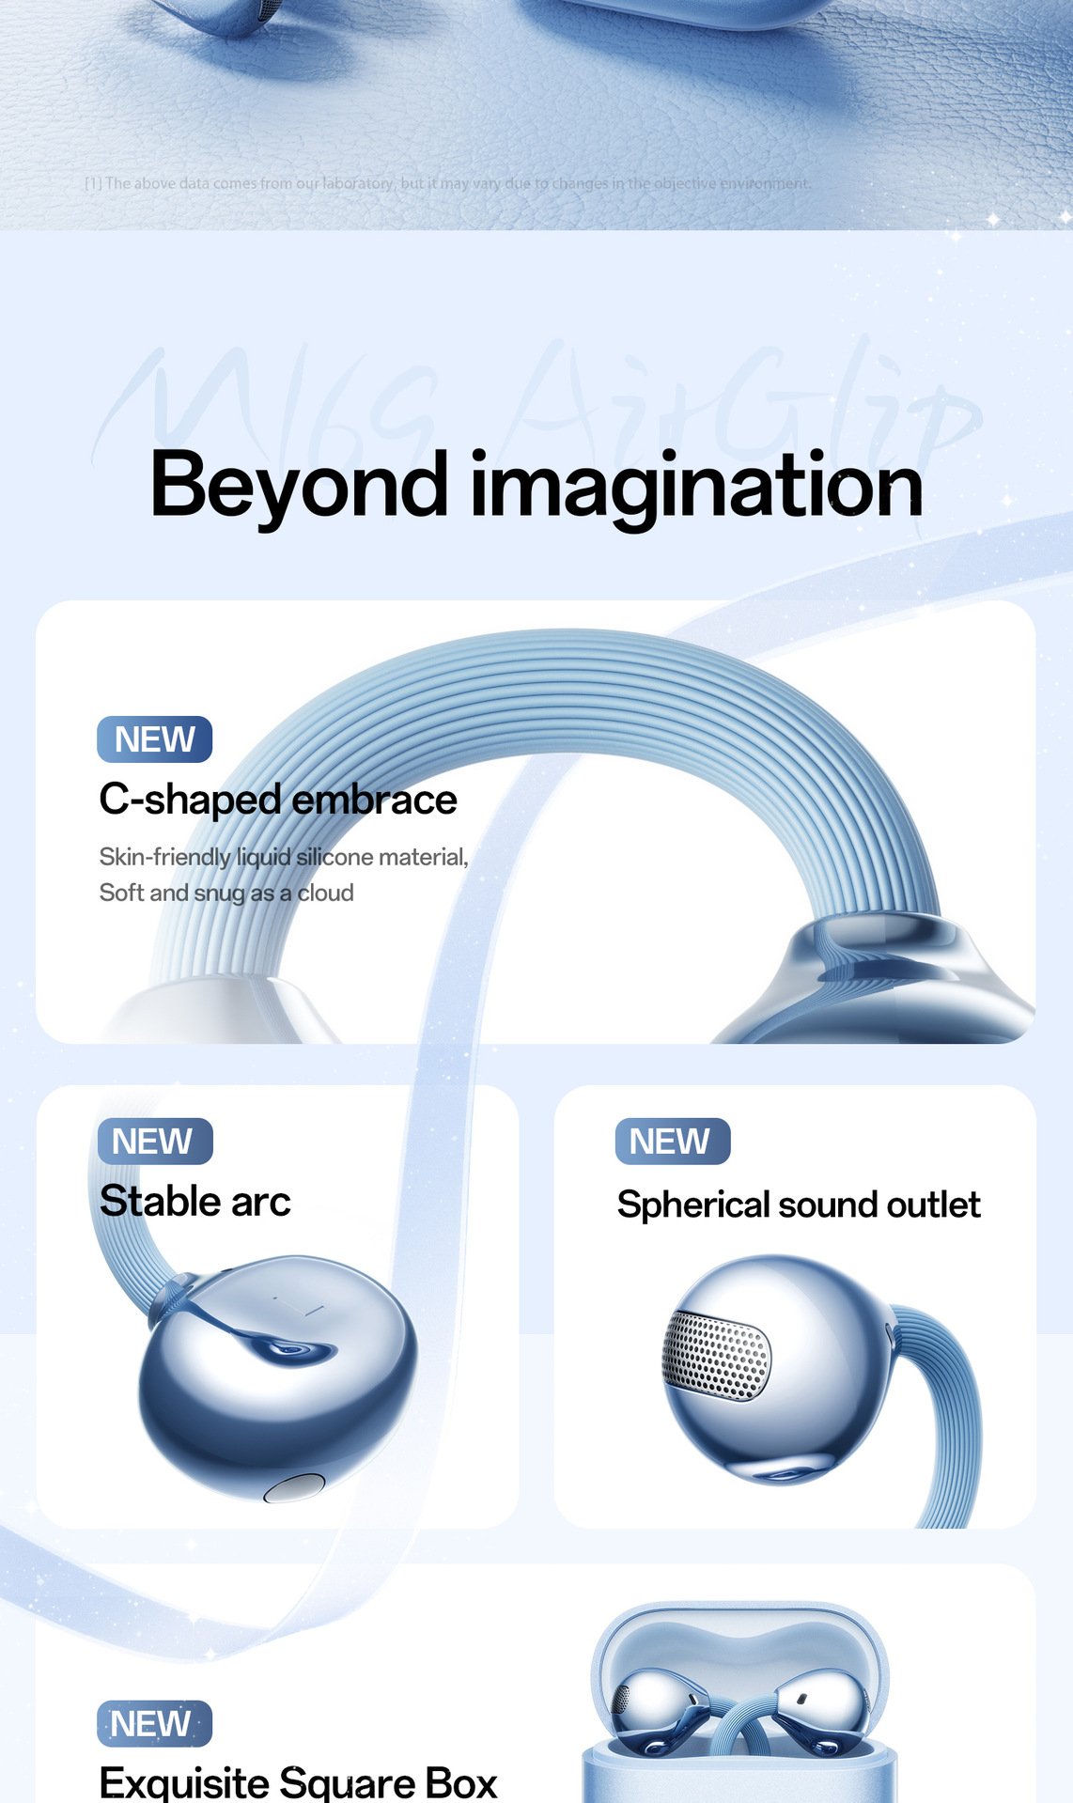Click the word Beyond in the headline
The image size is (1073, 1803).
point(298,485)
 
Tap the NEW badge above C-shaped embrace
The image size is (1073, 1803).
point(155,739)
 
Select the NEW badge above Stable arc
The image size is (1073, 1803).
point(155,1142)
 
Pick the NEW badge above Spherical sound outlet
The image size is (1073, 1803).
point(672,1142)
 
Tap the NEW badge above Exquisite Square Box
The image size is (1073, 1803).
point(154,1724)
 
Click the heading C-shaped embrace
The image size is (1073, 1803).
point(278,800)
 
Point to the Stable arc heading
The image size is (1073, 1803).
point(195,1201)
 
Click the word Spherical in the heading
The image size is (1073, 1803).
point(692,1205)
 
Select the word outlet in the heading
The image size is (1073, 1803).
point(933,1205)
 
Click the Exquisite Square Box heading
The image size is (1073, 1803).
point(298,1782)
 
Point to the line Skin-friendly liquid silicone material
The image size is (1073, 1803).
point(284,857)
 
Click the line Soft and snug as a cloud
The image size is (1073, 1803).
point(226,893)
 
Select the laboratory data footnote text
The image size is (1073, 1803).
point(447,183)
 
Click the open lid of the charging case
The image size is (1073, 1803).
point(739,1635)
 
